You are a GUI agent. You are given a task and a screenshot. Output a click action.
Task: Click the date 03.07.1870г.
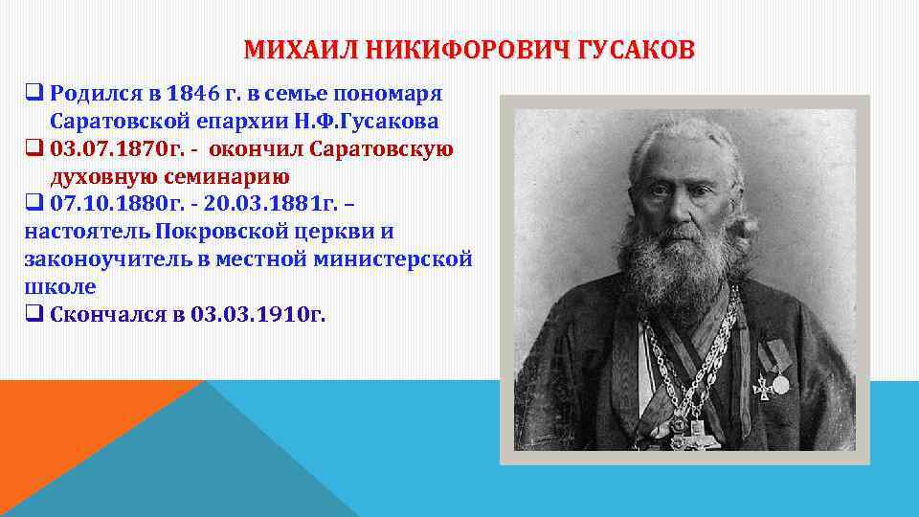click(101, 149)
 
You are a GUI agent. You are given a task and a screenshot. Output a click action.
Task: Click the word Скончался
click(106, 315)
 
